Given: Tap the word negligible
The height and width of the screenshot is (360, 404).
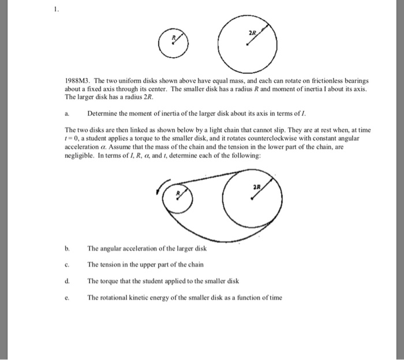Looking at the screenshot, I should click(x=80, y=156).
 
